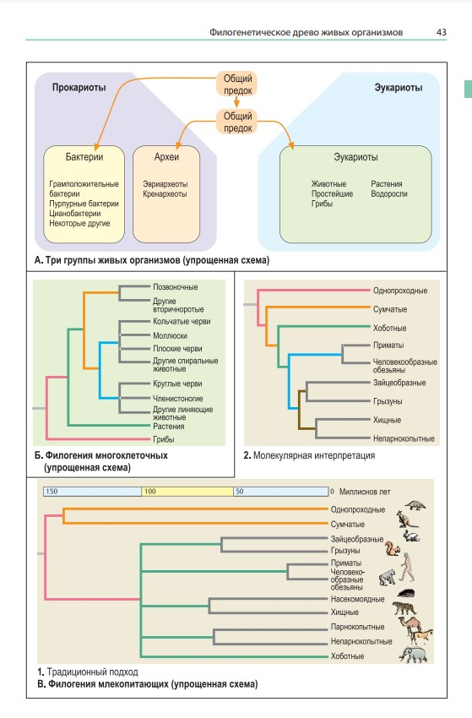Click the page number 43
(441, 32)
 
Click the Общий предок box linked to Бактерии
(237, 84)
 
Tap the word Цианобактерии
(75, 214)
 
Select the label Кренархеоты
(165, 193)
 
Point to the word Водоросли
(388, 193)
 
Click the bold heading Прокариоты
(79, 88)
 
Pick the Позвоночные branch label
(176, 287)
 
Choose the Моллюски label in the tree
(170, 335)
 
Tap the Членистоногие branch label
(177, 399)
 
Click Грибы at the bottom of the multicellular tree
(164, 439)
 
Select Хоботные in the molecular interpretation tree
(389, 329)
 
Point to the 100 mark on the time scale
(149, 492)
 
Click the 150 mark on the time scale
(52, 492)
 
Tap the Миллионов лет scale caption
(365, 492)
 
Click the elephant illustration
(414, 655)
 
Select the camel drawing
(410, 624)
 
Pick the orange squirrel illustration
(392, 548)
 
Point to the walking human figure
(406, 567)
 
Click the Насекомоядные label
(357, 599)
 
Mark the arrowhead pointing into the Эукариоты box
(291, 145)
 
